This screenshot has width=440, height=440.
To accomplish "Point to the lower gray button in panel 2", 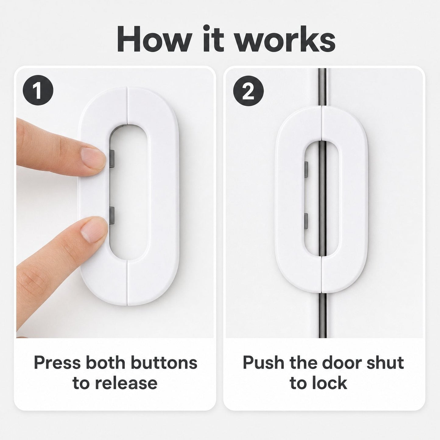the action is pos(307,221).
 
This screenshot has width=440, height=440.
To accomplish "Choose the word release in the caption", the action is pos(126,383).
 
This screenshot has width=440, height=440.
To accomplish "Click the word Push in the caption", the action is pos(263,362).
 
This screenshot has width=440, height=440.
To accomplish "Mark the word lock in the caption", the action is pos(330,383).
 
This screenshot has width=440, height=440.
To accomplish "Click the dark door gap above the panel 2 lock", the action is pos(322,87).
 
